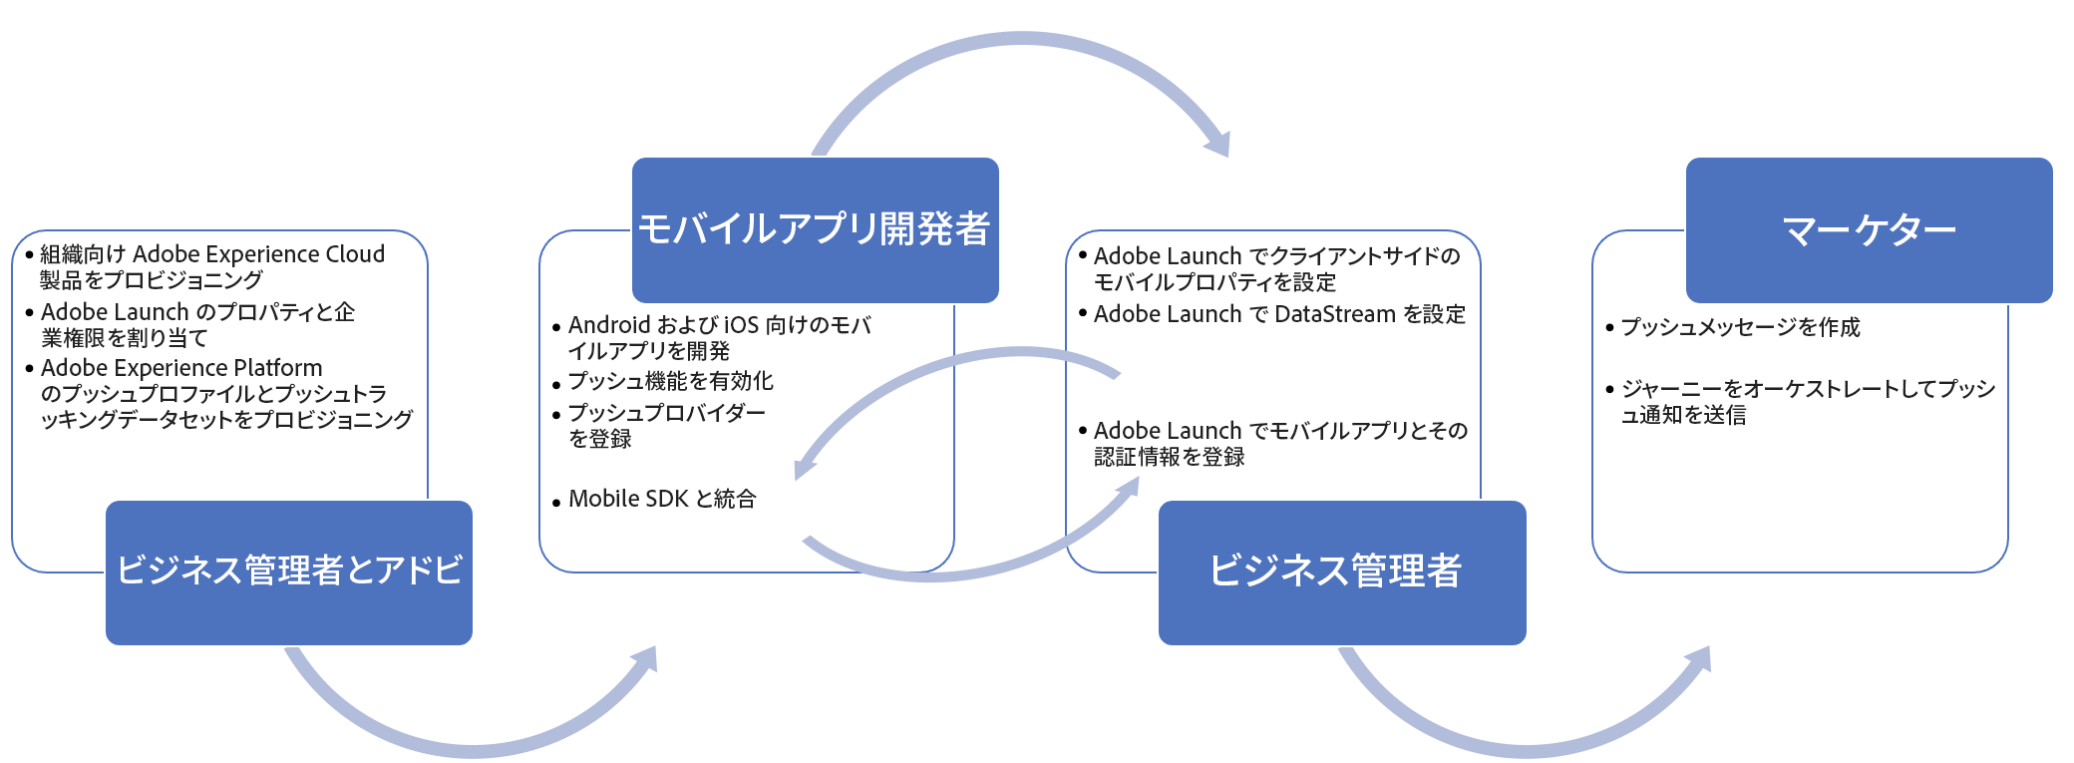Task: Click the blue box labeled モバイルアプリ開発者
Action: point(815,229)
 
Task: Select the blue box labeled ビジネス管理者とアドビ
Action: point(289,572)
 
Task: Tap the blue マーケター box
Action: point(1869,229)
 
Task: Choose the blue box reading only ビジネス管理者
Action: point(1341,572)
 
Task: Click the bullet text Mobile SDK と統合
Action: point(662,499)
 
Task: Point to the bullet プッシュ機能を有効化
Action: point(670,381)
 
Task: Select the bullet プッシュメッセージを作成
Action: point(1740,327)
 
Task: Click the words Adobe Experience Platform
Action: point(181,368)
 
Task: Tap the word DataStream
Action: point(1335,314)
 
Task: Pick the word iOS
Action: point(741,325)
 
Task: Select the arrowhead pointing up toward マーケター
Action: point(1699,660)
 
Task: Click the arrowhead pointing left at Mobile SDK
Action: point(804,467)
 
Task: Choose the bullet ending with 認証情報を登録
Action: point(1280,444)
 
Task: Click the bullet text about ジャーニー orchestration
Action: point(1807,401)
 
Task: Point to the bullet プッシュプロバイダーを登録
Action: point(666,426)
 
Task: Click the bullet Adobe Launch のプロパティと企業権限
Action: point(197,325)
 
